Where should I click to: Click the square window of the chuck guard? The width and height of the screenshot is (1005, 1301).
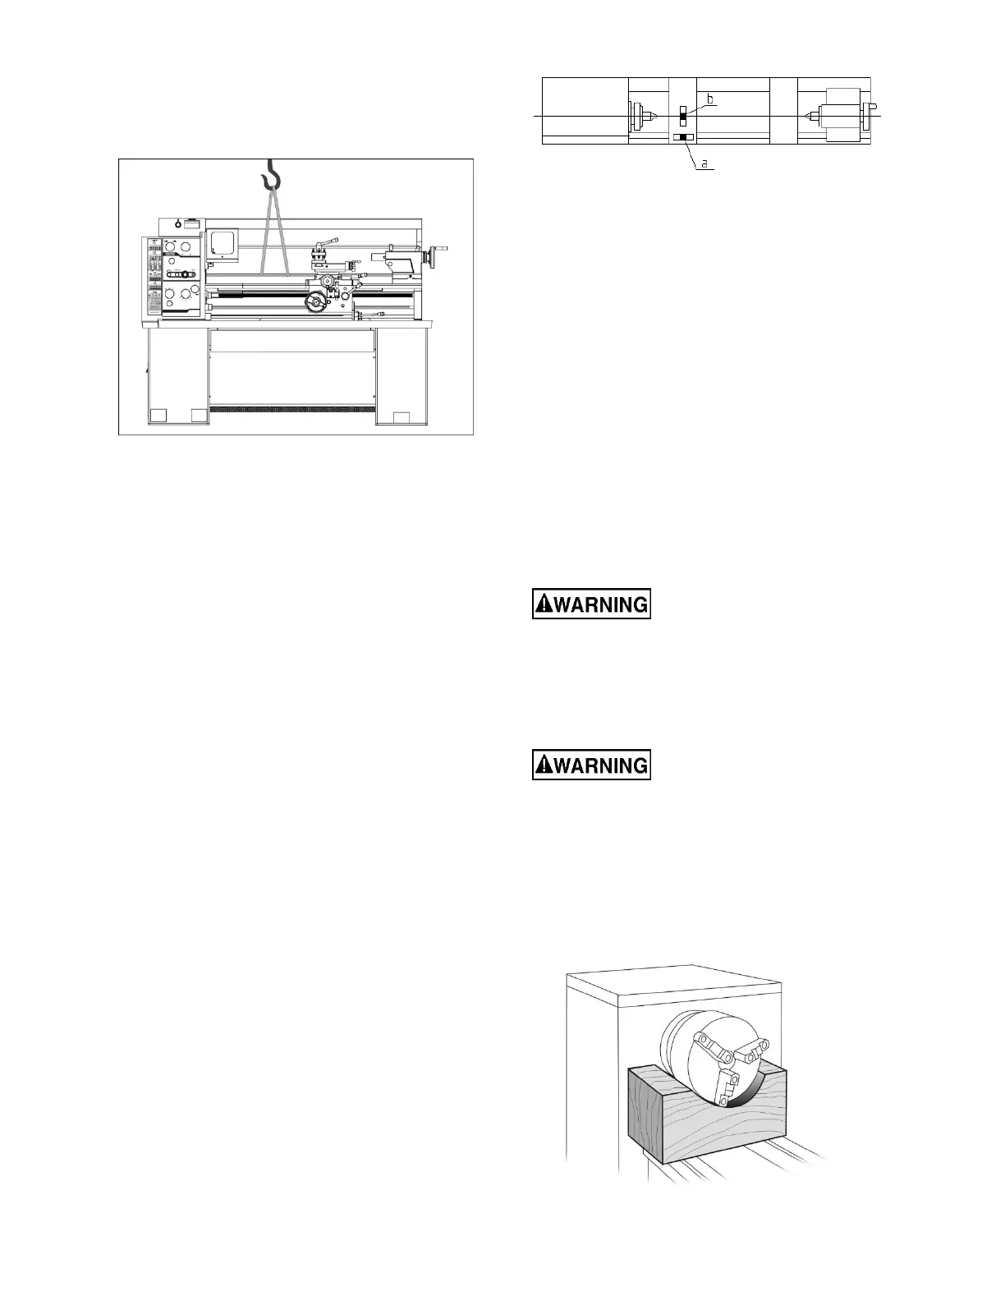click(x=222, y=243)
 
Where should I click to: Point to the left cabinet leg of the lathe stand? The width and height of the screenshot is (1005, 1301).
click(x=178, y=378)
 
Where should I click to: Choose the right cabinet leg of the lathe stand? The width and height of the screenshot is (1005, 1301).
click(x=402, y=378)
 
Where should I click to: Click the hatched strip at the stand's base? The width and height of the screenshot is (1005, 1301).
click(x=292, y=408)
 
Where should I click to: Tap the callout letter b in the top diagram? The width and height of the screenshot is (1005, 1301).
click(x=711, y=99)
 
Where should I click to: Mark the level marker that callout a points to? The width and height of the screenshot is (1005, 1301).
click(x=682, y=137)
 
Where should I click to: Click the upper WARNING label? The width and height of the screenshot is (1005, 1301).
click(x=591, y=605)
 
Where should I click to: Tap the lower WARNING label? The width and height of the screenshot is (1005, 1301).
click(x=591, y=765)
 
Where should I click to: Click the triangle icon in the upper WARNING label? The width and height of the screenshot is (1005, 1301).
click(x=544, y=605)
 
